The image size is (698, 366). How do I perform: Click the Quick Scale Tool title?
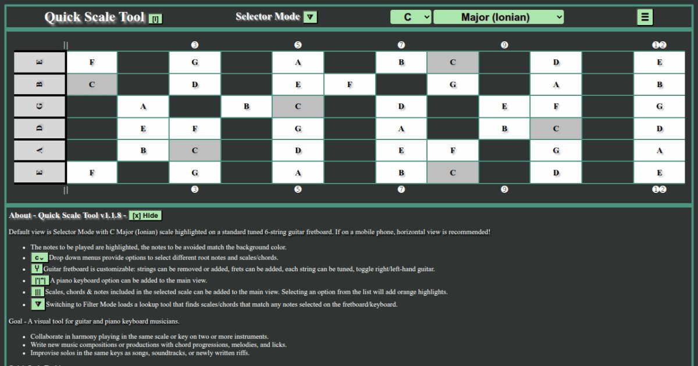(x=94, y=17)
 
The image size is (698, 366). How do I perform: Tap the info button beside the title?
(x=155, y=19)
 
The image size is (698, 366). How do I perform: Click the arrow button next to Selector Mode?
(x=311, y=17)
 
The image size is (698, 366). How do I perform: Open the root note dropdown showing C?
(x=411, y=17)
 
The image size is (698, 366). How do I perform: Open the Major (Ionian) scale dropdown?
(x=498, y=17)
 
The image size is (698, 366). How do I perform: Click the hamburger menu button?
(x=644, y=17)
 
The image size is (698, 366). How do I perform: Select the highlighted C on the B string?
(x=92, y=84)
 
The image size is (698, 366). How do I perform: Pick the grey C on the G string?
(x=298, y=106)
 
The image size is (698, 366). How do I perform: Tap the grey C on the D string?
(x=555, y=128)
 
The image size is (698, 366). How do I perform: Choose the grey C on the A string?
(x=195, y=150)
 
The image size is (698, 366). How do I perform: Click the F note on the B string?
(x=350, y=84)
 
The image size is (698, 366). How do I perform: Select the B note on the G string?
(x=247, y=106)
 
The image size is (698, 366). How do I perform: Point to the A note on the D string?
(x=401, y=128)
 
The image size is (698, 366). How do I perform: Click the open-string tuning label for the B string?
(x=40, y=84)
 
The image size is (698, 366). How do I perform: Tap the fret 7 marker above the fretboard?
(x=401, y=45)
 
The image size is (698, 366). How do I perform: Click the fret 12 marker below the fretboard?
(x=659, y=189)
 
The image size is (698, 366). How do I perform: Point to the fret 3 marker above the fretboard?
(x=195, y=45)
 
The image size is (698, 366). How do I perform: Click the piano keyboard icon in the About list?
(x=38, y=280)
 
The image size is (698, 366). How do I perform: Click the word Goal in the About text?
(x=16, y=321)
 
